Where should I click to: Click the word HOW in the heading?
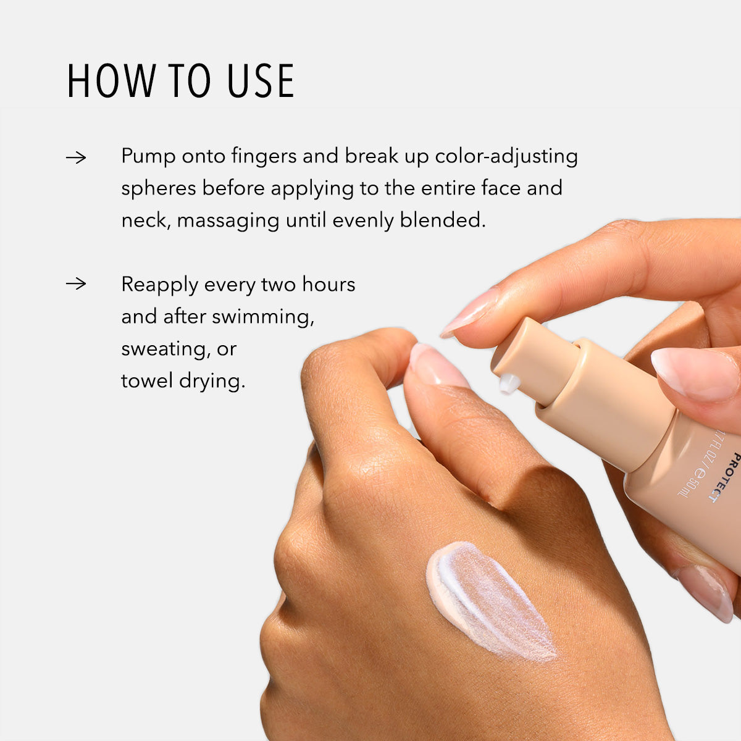click(x=111, y=81)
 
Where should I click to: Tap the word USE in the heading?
click(x=261, y=81)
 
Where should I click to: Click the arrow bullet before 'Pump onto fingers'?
click(x=76, y=157)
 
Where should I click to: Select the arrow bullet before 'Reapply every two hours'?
click(x=76, y=284)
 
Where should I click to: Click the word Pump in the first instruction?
click(x=148, y=156)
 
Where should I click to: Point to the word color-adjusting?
click(x=506, y=156)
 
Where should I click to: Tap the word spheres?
click(x=158, y=188)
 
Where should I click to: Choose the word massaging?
click(x=228, y=220)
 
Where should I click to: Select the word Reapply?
click(x=159, y=285)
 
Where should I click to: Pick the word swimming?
click(x=263, y=317)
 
